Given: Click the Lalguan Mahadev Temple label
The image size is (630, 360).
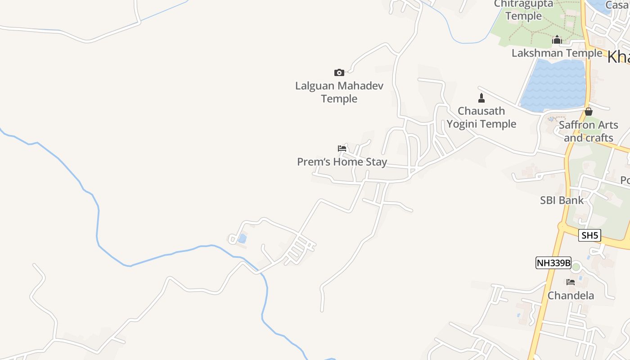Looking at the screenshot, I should pyautogui.click(x=339, y=92).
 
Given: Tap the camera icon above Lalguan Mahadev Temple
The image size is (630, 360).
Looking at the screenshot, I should pyautogui.click(x=339, y=72).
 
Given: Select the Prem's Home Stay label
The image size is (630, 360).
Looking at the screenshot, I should pyautogui.click(x=342, y=162).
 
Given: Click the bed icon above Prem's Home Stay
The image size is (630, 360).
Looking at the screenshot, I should pyautogui.click(x=342, y=148).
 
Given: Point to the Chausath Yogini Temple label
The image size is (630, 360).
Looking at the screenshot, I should pyautogui.click(x=481, y=117).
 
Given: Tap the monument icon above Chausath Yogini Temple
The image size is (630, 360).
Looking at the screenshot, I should pyautogui.click(x=481, y=98).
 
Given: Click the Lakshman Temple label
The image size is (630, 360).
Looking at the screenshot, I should pyautogui.click(x=557, y=53).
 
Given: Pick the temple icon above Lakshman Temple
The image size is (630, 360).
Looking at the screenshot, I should pyautogui.click(x=557, y=40).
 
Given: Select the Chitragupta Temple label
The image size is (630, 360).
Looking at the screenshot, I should pyautogui.click(x=524, y=10).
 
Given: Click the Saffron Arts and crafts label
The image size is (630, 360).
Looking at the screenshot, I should pyautogui.click(x=589, y=131).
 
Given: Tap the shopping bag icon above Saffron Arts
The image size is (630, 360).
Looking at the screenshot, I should pyautogui.click(x=589, y=111).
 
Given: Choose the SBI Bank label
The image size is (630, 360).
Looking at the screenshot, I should pyautogui.click(x=562, y=200).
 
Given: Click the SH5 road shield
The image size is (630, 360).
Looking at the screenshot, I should pyautogui.click(x=589, y=235).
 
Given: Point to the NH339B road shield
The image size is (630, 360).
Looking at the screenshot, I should pyautogui.click(x=553, y=263).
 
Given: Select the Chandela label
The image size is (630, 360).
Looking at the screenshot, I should pyautogui.click(x=571, y=296).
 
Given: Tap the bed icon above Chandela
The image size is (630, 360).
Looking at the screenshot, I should pyautogui.click(x=571, y=282).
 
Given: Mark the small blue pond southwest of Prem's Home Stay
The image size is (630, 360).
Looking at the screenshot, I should pyautogui.click(x=242, y=238).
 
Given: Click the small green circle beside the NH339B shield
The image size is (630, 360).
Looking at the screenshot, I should pyautogui.click(x=576, y=267).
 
